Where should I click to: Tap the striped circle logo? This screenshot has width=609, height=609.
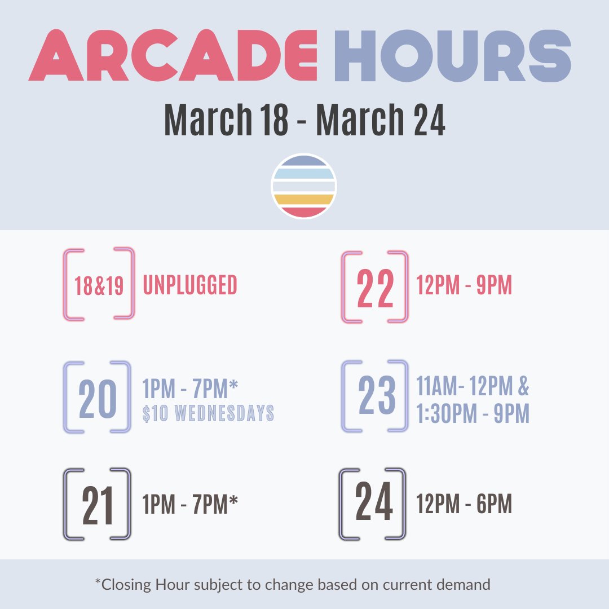pos(304,186)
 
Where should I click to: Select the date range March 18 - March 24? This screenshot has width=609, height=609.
pos(304,120)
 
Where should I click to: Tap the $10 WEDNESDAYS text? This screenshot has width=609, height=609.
pos(208,413)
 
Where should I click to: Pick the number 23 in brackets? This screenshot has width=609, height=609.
pos(376,396)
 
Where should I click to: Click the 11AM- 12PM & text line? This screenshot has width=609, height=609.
pos(473,387)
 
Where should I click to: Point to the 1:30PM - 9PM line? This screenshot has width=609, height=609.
pos(473,414)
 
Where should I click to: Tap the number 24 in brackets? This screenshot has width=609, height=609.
pos(374,504)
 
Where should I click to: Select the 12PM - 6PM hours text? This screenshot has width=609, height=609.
pos(464,505)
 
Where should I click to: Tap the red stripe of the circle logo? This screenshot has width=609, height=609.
pos(304,212)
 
